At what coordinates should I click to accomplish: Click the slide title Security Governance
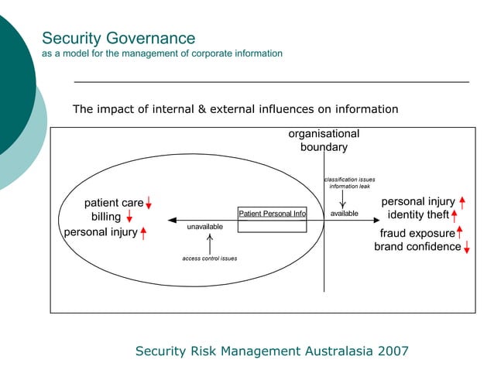point(118,38)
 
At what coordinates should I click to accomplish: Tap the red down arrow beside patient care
point(148,203)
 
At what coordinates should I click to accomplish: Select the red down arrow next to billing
point(129,217)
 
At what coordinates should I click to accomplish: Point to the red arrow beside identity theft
point(455,214)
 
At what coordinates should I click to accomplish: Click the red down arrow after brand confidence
point(467,247)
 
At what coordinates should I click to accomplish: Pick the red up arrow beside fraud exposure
point(459,232)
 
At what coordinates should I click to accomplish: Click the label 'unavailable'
point(204,226)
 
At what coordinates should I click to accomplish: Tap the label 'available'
point(344,213)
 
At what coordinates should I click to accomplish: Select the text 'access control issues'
point(209,258)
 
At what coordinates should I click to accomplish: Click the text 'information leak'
point(349,187)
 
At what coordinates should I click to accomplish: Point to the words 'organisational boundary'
point(324,140)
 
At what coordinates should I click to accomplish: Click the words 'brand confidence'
point(417,247)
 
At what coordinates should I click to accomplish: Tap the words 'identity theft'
point(418,214)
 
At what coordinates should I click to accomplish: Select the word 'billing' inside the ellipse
point(106,217)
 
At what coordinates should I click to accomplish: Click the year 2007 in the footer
point(393,351)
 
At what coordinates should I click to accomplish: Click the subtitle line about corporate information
point(162,53)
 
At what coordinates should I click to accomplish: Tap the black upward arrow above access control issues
point(210,241)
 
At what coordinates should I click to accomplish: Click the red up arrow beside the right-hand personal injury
point(461,202)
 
